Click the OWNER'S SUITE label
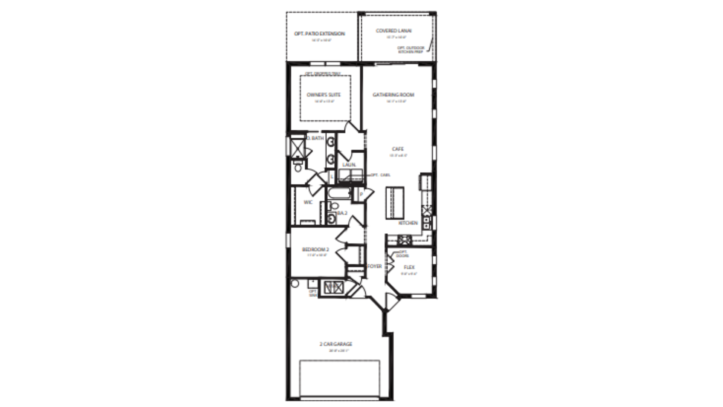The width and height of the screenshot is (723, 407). point(323,95)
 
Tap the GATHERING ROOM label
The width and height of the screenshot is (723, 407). point(393,95)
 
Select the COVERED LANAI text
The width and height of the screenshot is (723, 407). point(394,31)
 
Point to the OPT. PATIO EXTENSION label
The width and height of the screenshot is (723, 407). point(319,34)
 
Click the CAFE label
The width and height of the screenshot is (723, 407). point(398,149)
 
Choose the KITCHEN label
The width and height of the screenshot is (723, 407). point(408,223)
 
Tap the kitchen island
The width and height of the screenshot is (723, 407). point(395,203)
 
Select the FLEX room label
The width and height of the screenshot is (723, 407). point(409,267)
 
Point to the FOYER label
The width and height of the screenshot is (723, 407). point(374,266)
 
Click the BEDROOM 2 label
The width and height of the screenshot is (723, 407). point(316,249)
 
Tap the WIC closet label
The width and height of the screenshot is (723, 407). point(308,202)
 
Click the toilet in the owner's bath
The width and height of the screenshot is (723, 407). point(298,167)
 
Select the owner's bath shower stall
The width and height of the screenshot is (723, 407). point(297,148)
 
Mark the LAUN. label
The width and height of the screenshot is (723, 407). point(349,165)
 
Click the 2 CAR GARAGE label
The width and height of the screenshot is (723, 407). point(336,344)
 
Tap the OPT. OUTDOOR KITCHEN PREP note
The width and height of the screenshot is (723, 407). point(410,50)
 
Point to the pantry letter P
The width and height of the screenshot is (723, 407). point(361,194)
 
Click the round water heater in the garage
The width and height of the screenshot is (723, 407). point(295,283)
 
